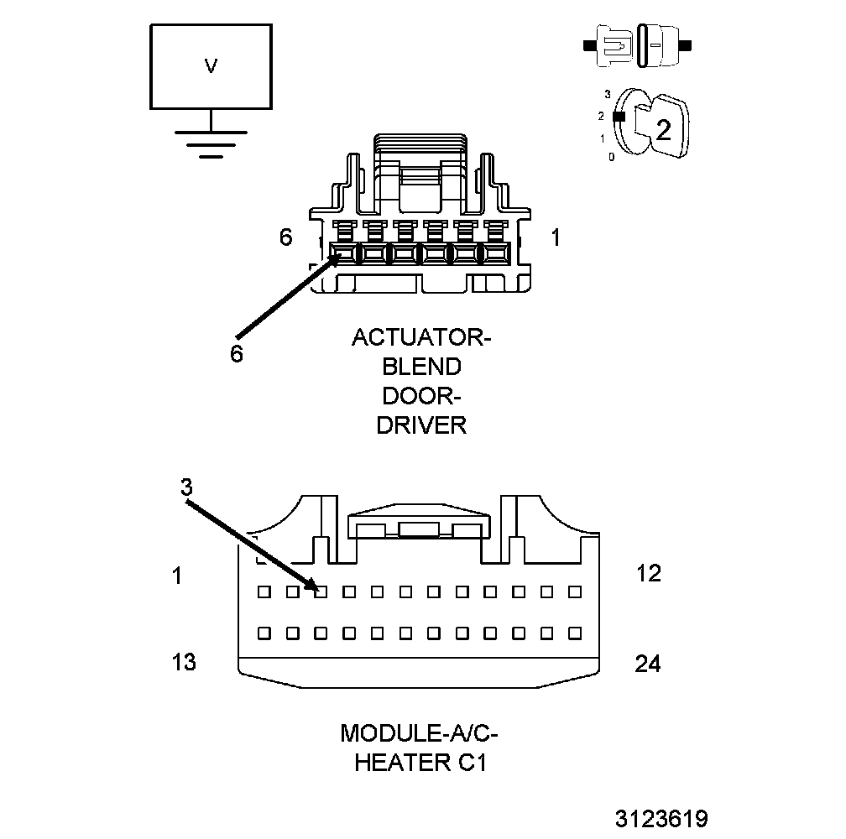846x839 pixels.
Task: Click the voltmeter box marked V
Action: (211, 66)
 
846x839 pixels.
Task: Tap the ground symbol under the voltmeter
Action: (211, 143)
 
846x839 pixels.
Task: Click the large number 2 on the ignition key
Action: (663, 130)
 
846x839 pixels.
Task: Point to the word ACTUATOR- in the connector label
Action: (420, 337)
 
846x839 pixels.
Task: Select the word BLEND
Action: (421, 367)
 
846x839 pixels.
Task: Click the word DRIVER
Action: (420, 425)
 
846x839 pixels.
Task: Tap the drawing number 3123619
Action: (661, 818)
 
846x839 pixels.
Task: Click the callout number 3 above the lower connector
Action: (186, 487)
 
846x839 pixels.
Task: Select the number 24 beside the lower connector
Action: (648, 664)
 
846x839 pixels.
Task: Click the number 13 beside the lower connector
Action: (184, 662)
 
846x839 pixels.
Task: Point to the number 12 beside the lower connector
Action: (649, 574)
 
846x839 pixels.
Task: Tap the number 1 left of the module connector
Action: (177, 576)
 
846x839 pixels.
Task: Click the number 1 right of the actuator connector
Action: (555, 238)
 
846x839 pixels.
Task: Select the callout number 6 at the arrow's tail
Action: (237, 354)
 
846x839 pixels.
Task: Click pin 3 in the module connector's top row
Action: (320, 591)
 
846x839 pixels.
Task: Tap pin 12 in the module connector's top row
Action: (575, 591)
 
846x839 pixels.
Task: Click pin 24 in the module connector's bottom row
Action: (575, 632)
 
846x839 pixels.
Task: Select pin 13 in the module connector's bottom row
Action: (264, 632)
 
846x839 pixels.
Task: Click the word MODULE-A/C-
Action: (419, 733)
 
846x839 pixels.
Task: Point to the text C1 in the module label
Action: (470, 763)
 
